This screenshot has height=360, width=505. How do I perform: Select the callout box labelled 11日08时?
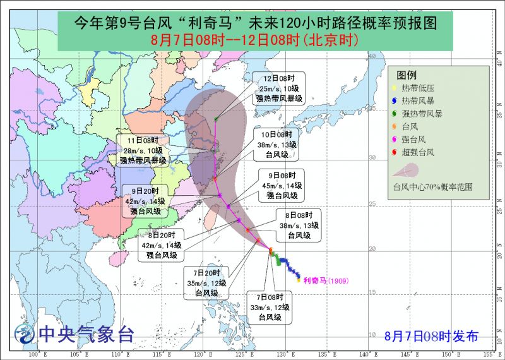pos(143,150)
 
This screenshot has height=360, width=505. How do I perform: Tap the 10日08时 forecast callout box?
pos(277,145)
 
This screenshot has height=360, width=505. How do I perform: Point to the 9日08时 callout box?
pos(281,185)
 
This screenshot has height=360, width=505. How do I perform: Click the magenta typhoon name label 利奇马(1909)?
pos(326,280)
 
